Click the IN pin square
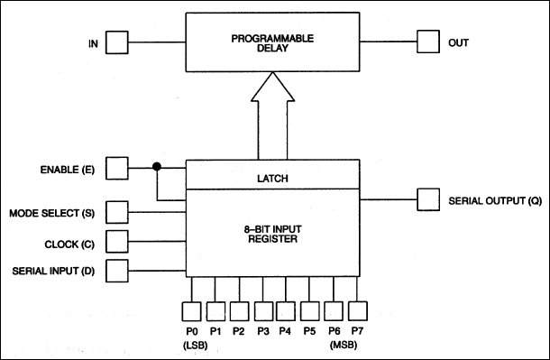(x=116, y=42)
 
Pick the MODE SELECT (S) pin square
(x=116, y=213)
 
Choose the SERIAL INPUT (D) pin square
(x=116, y=270)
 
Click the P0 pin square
(x=192, y=310)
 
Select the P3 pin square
(x=263, y=310)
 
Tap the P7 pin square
(x=358, y=310)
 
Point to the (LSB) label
(x=192, y=345)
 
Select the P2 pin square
(x=239, y=310)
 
